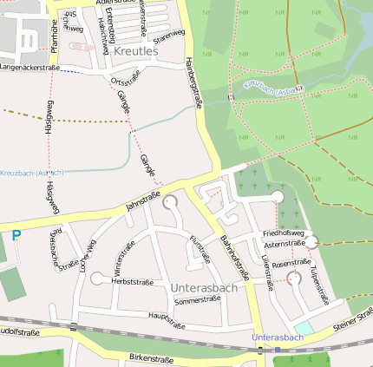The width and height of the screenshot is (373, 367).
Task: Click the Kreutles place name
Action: [x=135, y=52]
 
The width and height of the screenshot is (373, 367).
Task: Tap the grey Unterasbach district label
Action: [x=204, y=287]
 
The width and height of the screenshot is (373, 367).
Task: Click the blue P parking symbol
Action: [x=16, y=235]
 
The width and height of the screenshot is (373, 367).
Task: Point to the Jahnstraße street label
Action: [x=144, y=203]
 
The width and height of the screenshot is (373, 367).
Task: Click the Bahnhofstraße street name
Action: [x=234, y=258]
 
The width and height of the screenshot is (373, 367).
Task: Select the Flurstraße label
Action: [x=200, y=249]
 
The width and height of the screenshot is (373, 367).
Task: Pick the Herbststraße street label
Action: [x=132, y=282]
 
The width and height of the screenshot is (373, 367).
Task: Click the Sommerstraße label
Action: [x=198, y=300]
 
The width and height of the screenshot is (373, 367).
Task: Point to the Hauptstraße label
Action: [x=167, y=321]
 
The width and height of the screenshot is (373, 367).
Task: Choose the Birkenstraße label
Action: [x=151, y=358]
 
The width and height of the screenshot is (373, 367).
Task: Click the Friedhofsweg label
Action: [x=283, y=233]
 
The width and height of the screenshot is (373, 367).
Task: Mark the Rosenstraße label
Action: [x=291, y=263]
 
